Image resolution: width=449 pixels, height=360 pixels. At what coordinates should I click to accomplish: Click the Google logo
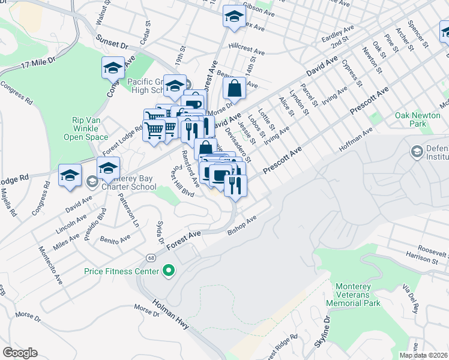tap(20, 353)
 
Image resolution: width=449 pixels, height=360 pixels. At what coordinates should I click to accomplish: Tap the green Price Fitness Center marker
tap(169, 272)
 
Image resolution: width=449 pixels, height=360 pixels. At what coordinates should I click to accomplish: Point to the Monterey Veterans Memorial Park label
tap(354, 295)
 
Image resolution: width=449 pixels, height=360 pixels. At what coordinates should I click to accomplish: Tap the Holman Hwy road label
tap(172, 315)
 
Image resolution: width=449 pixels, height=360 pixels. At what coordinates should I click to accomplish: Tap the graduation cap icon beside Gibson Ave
tap(234, 16)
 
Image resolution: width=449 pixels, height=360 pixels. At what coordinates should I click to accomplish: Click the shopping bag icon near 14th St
tap(234, 89)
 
